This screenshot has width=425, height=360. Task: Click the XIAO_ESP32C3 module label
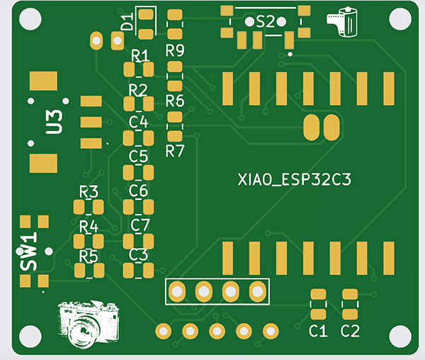coord(295,181)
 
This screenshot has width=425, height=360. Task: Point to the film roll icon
coord(340,22)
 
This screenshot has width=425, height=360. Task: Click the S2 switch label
coord(266,22)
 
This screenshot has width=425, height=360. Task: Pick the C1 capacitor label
coord(318,331)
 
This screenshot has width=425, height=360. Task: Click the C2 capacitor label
coord(350,331)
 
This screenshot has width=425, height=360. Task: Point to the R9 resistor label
coord(174,50)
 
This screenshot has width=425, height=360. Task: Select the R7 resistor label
coord(174,151)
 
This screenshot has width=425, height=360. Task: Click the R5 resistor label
coord(89,256)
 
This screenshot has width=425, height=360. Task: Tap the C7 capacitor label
coord(140,225)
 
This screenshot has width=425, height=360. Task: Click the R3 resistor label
coord(89,192)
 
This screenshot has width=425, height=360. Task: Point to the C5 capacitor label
coord(139,156)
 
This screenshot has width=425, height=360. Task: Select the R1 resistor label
coord(140,55)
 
